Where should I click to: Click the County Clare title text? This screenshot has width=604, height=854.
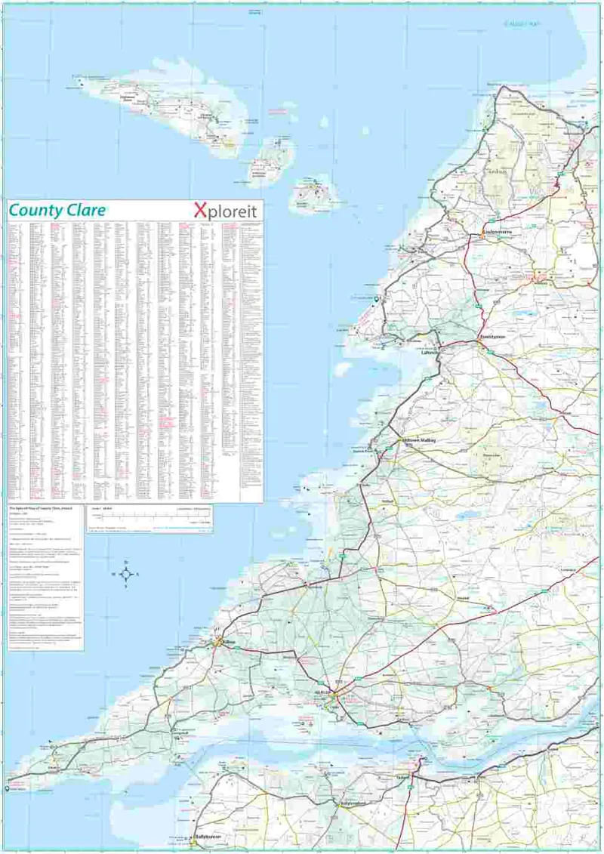tap(57, 211)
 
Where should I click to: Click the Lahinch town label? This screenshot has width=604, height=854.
tap(431, 351)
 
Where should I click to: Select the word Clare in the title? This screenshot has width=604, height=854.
tap(85, 211)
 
